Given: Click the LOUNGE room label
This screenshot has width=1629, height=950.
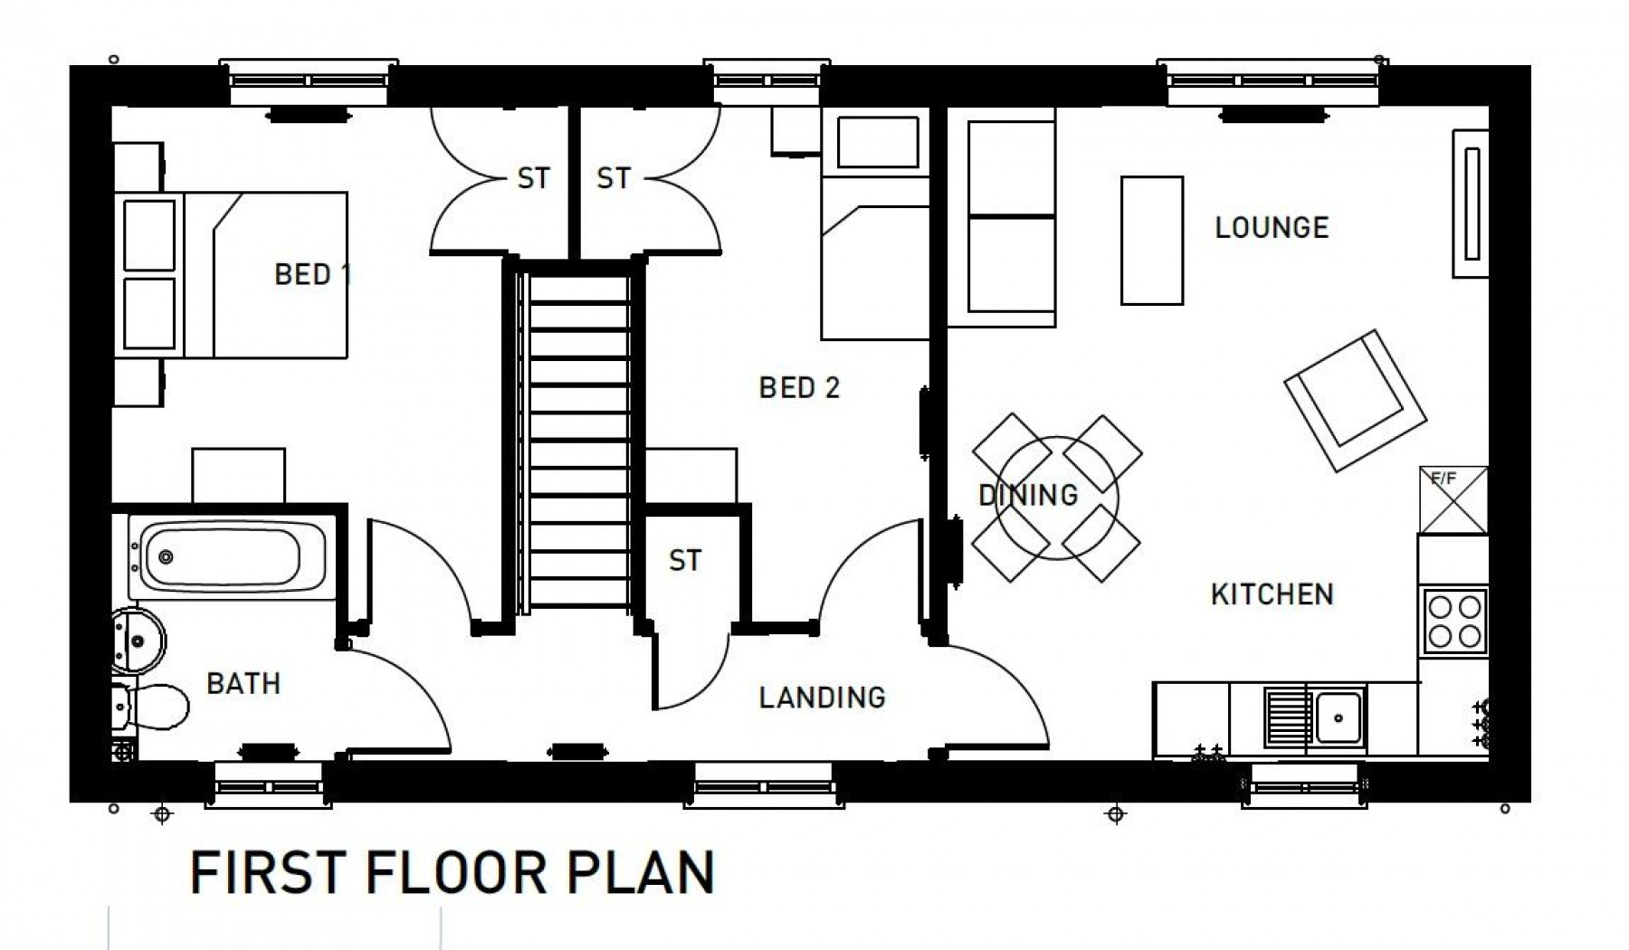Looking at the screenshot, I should coord(1271,227).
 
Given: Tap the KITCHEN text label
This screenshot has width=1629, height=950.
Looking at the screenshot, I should coord(1272,594).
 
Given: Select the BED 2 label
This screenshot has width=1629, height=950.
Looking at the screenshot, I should coord(799,388).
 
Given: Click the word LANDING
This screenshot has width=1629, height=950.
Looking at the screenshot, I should coord(822,697).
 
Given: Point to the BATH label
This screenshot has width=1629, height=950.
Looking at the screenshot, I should coord(243,683).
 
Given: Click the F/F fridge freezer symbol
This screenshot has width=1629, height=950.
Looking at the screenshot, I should coord(1453,500).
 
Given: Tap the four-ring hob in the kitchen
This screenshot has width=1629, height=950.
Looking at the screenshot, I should coord(1453,621).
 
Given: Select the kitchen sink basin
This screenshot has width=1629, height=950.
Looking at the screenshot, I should coord(1340,717).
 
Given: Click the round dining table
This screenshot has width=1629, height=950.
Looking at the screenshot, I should coord(1056,497).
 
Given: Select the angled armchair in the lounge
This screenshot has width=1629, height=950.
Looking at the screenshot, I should coord(1355,400).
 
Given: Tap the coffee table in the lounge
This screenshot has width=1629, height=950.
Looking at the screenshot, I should coord(1151,240).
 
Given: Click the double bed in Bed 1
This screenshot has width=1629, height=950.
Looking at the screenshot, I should coord(262,274).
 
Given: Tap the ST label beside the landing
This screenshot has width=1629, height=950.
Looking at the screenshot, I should coord(684,561).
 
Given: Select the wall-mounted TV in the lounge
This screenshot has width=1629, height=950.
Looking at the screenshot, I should coord(1471,204).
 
